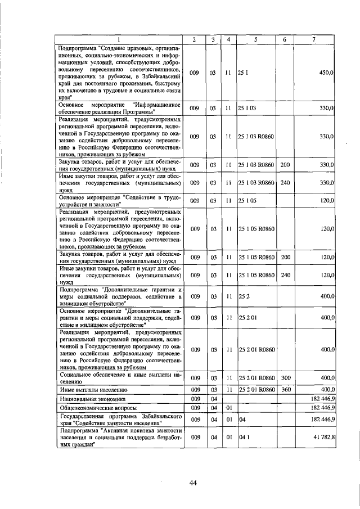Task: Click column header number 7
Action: tap(314, 39)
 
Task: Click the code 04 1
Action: tap(244, 436)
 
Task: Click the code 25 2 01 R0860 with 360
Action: tap(256, 390)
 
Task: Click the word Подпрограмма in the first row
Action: tap(76, 47)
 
